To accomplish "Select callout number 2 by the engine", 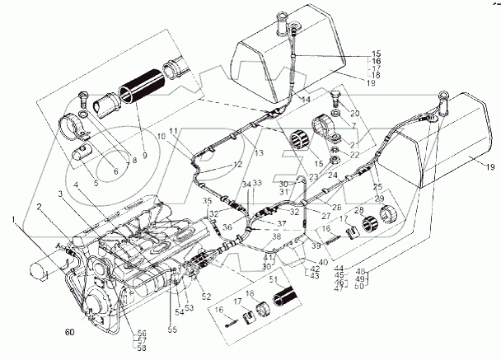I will pyautogui.click(x=39, y=206).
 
